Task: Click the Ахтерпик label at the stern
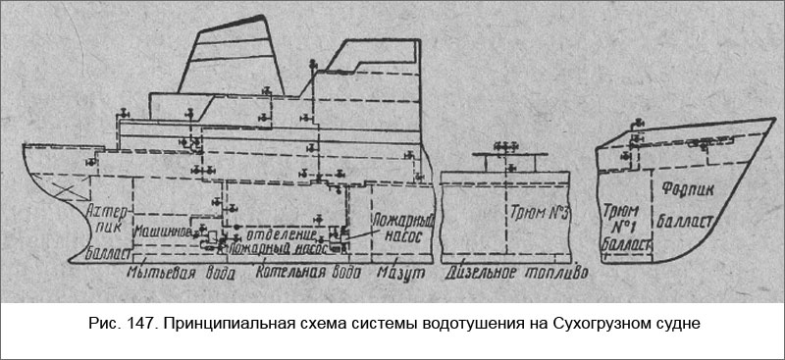[x=103, y=221]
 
